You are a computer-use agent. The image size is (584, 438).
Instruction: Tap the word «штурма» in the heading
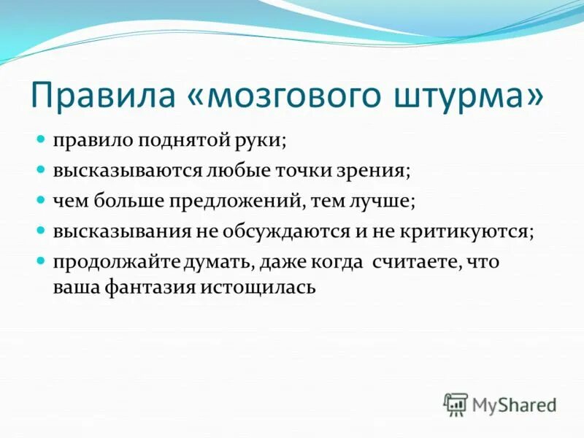(468, 97)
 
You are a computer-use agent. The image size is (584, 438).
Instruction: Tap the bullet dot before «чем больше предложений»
(42, 199)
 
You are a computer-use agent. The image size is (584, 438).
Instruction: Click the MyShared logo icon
(456, 404)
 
